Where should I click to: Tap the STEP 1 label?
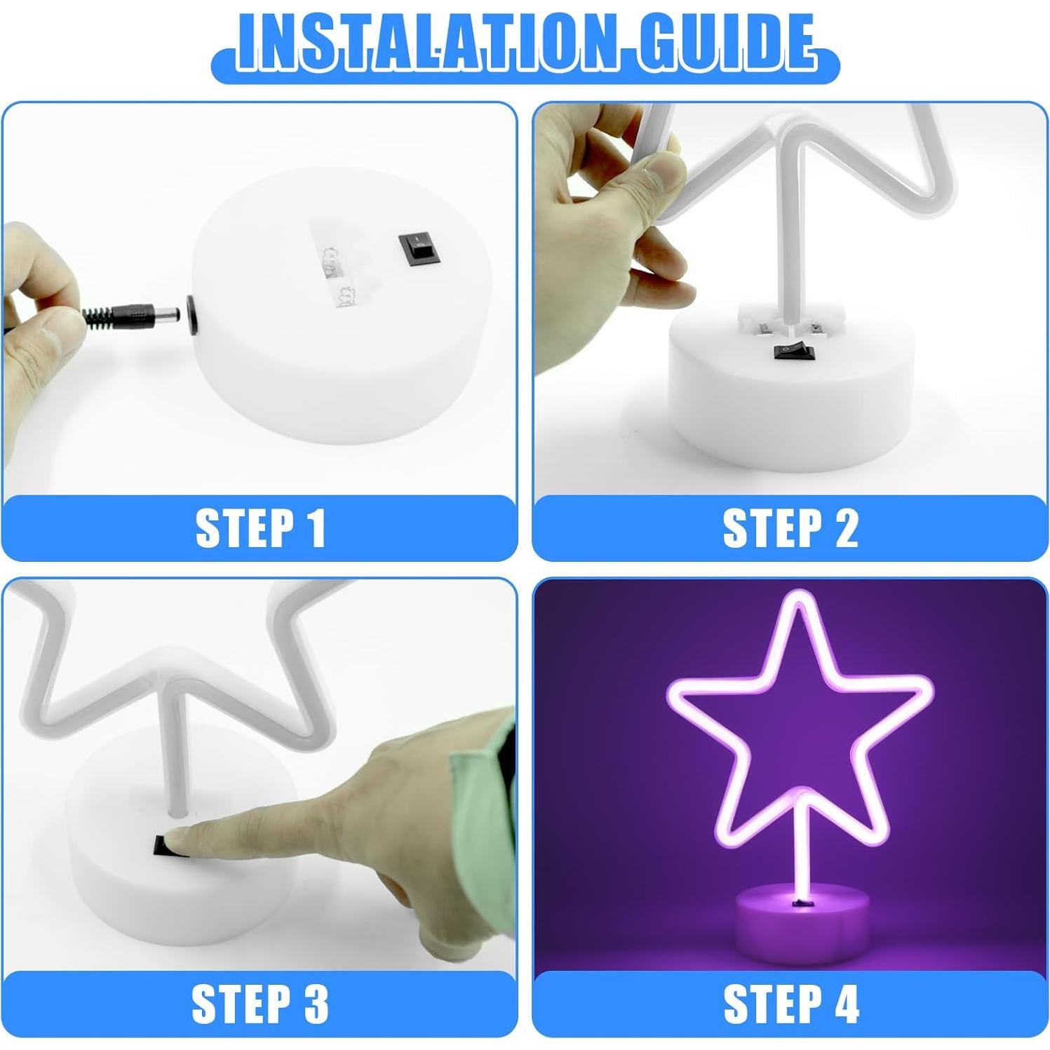click(260, 527)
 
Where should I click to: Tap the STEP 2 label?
click(790, 527)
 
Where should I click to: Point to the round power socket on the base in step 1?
click(191, 313)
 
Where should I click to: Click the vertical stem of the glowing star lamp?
click(802, 856)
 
